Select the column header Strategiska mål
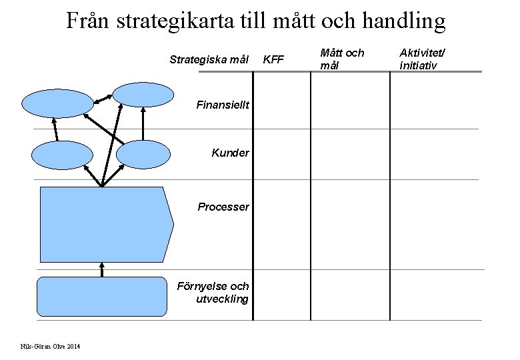tap(209, 59)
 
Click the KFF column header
tap(273, 59)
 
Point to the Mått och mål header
tap(342, 59)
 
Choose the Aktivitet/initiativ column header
tap(422, 59)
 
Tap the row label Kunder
tap(230, 153)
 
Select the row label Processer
tap(223, 207)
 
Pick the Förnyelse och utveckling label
tap(213, 292)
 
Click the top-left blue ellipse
tap(58, 103)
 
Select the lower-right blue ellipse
tap(143, 155)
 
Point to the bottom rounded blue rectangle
tap(102, 296)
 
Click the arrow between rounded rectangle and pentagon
tap(102, 269)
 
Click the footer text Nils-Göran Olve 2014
tap(51, 345)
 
